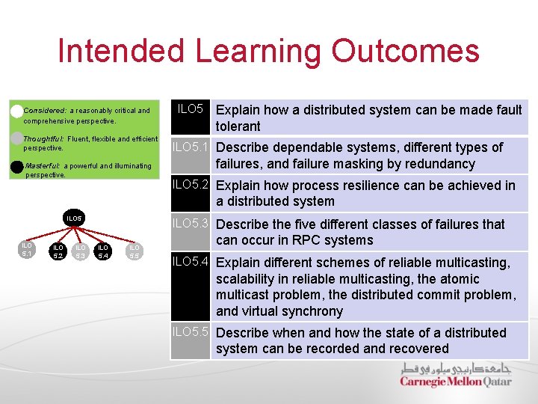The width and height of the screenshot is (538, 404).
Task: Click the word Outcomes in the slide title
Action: [x=405, y=52]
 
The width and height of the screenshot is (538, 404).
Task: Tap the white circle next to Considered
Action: [x=16, y=111]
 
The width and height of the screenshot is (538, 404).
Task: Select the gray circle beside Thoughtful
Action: [x=16, y=138]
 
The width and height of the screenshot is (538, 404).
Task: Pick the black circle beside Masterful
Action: [x=16, y=166]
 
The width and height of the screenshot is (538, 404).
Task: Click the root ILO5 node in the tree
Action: [x=73, y=218]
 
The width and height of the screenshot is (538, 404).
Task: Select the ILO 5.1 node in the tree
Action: [x=27, y=249]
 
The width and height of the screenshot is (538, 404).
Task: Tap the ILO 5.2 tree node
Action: [x=58, y=251]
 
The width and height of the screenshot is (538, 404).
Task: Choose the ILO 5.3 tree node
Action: [x=81, y=251]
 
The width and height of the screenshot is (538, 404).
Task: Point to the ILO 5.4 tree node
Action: [x=103, y=251]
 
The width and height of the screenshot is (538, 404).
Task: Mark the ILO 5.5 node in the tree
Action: [x=134, y=251]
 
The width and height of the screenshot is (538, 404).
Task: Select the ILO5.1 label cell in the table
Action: [x=191, y=147]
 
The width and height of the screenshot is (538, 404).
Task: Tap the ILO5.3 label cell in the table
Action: [x=191, y=224]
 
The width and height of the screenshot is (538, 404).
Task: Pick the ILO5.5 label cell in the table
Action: [x=191, y=333]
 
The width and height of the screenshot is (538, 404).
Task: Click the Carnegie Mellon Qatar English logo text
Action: [x=455, y=382]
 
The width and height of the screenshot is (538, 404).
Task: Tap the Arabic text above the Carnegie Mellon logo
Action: [x=455, y=369]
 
